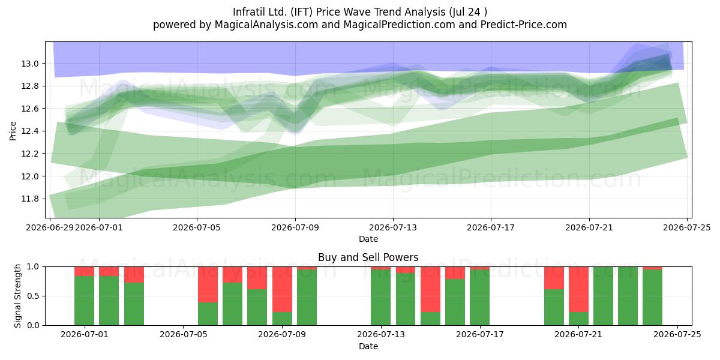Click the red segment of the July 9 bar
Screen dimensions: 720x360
(282, 289)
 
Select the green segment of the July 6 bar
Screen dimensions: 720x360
(208, 314)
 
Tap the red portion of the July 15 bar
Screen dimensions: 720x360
(430, 289)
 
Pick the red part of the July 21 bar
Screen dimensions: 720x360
(578, 289)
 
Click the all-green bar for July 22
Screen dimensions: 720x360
(604, 296)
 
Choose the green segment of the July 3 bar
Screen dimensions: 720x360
(134, 304)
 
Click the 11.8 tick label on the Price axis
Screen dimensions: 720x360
(30, 199)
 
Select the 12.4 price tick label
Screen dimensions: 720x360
(30, 131)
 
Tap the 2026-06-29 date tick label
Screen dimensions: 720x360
(50, 227)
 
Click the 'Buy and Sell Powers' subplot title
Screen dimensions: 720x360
(368, 257)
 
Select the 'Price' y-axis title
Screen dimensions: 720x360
(13, 131)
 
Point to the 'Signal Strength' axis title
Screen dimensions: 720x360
(17, 296)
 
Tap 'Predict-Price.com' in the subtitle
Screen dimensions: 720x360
(524, 25)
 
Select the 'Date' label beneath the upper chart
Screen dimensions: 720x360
(368, 239)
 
